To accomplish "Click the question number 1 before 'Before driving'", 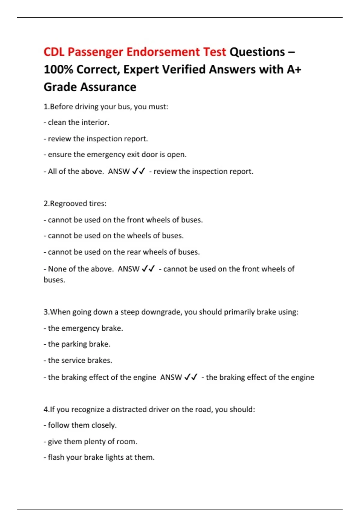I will click(46, 106).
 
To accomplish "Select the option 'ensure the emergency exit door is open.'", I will click(115, 154).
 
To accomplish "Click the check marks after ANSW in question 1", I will click(139, 171).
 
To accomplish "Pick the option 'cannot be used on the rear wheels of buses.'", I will click(122, 252).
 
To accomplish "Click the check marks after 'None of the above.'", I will click(148, 268).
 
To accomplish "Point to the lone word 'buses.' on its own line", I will click(54, 280).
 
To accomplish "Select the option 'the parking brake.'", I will click(77, 344).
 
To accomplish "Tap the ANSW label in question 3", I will click(171, 377).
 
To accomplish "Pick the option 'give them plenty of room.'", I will click(90, 442).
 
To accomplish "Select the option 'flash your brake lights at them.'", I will click(99, 457).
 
